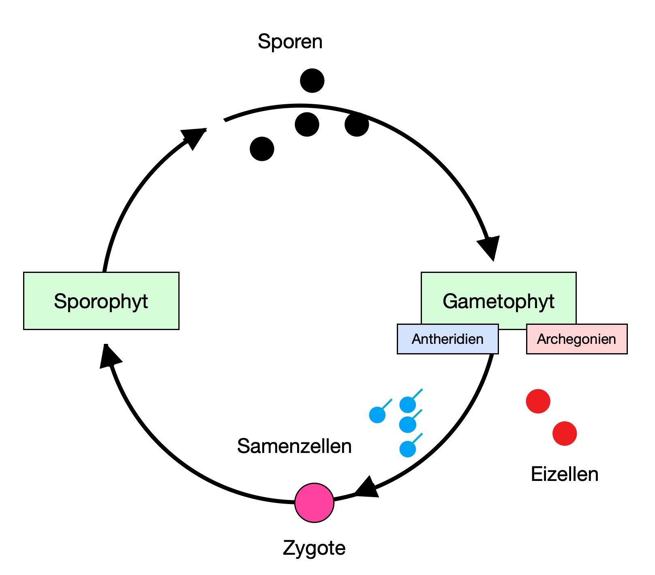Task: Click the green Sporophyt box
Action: pyautogui.click(x=101, y=300)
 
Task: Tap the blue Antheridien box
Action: pyautogui.click(x=447, y=339)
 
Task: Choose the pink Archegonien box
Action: pyautogui.click(x=576, y=339)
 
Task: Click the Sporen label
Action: pyautogui.click(x=290, y=42)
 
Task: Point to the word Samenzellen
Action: pyautogui.click(x=294, y=446)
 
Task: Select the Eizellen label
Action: pyautogui.click(x=565, y=474)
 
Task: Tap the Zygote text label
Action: pyautogui.click(x=314, y=548)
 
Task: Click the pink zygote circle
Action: pyautogui.click(x=314, y=502)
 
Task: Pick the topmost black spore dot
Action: pyautogui.click(x=312, y=80)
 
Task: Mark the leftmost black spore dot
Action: pyautogui.click(x=262, y=149)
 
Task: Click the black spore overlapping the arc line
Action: pyautogui.click(x=357, y=124)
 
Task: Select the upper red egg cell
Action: pyautogui.click(x=538, y=401)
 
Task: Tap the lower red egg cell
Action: pyautogui.click(x=565, y=433)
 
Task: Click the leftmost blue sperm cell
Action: pyautogui.click(x=377, y=415)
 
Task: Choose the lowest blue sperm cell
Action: pyautogui.click(x=407, y=449)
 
